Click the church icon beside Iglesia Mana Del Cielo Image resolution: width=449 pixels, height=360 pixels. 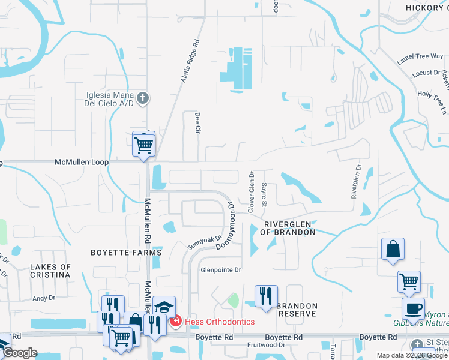tap(143, 98)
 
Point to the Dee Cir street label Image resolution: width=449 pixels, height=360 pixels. tap(196, 123)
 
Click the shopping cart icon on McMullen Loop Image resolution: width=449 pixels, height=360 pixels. tap(143, 144)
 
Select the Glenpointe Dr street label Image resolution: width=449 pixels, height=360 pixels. tap(220, 270)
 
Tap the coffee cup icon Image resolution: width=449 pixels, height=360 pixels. tap(413, 308)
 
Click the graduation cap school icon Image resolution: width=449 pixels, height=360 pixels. tap(164, 307)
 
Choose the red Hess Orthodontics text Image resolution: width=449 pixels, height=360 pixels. tap(219, 322)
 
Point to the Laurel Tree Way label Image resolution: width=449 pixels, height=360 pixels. tap(420, 56)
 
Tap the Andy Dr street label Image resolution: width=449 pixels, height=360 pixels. tap(43, 298)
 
